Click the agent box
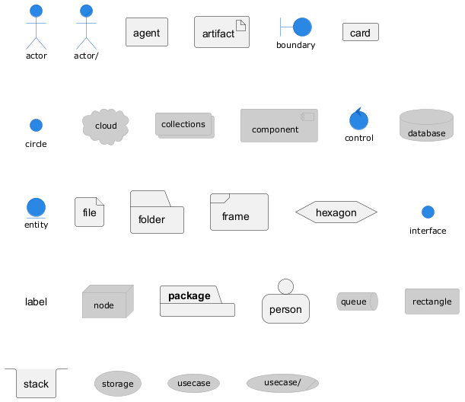pos(147,33)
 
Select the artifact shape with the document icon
pos(221,33)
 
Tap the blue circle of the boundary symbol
pos(303,27)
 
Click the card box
pos(360,33)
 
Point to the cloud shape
pos(106,126)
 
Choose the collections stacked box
pos(184,125)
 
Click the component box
pos(279,126)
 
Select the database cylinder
pos(426,126)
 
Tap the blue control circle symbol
pos(358,120)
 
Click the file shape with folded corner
pos(90,212)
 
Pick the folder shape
pos(157,212)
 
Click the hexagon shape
pos(336,212)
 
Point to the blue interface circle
pos(428,212)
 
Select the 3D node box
pos(107,302)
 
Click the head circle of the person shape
pos(285,286)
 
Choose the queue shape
pos(357,301)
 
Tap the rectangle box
pos(432,301)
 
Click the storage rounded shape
pos(118,384)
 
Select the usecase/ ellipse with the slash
pos(282,382)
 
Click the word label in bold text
pos(36,302)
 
